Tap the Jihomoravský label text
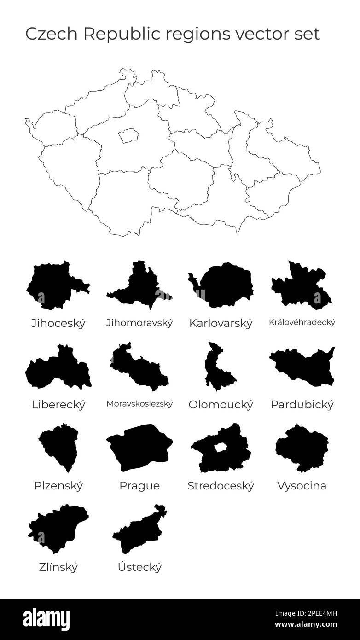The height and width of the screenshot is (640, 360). [x=139, y=323]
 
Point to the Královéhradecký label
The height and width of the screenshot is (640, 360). [x=302, y=322]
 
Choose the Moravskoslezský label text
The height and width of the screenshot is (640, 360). [x=139, y=404]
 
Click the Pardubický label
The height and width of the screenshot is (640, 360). [x=302, y=405]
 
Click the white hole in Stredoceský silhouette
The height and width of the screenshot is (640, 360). [x=221, y=447]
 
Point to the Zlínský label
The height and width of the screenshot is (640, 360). [x=58, y=567]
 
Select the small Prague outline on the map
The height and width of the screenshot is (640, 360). [x=128, y=135]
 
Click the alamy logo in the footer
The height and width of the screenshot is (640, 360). [x=46, y=619]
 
